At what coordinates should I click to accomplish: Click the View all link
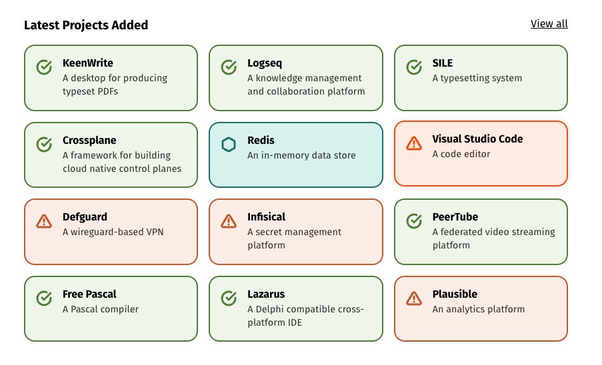click(x=549, y=24)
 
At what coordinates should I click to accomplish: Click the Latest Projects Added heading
click(x=86, y=25)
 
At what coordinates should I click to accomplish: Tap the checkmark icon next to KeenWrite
click(x=44, y=67)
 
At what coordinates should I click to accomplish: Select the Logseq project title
click(x=265, y=63)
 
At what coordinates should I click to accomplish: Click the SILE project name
click(x=442, y=63)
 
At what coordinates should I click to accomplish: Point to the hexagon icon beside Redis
click(x=229, y=145)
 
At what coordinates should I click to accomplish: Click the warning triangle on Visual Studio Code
click(x=414, y=143)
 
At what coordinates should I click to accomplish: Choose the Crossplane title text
click(x=89, y=141)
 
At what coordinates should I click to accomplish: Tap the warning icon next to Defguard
click(x=44, y=221)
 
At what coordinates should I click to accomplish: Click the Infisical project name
click(x=266, y=217)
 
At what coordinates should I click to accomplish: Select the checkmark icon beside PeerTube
click(x=414, y=221)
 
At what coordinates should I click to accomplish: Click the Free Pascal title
click(x=89, y=294)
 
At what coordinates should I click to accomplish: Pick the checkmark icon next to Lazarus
click(x=229, y=298)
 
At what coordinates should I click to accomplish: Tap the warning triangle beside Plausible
click(x=414, y=298)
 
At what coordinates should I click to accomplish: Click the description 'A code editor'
click(x=461, y=155)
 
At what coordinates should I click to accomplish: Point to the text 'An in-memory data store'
click(x=301, y=156)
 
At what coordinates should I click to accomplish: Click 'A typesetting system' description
click(x=477, y=78)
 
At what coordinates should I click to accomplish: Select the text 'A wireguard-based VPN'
click(x=113, y=232)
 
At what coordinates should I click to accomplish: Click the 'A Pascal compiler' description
click(x=101, y=310)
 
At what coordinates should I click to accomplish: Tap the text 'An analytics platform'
click(x=478, y=310)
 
